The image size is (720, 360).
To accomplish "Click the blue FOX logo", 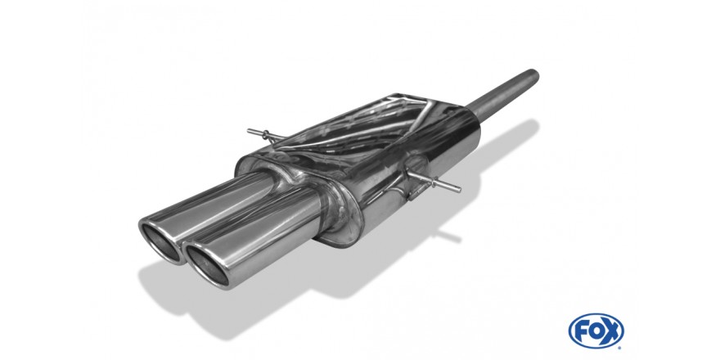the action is [x=596, y=331].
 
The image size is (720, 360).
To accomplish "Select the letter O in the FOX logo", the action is [x=596, y=331].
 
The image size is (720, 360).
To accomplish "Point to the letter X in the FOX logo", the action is [x=611, y=331].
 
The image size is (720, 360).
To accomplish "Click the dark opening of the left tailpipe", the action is [x=160, y=241].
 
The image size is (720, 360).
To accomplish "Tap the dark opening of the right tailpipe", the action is [x=206, y=264].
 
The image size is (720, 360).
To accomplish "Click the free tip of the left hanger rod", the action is [x=250, y=132].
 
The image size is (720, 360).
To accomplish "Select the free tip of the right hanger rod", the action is [x=458, y=189].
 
